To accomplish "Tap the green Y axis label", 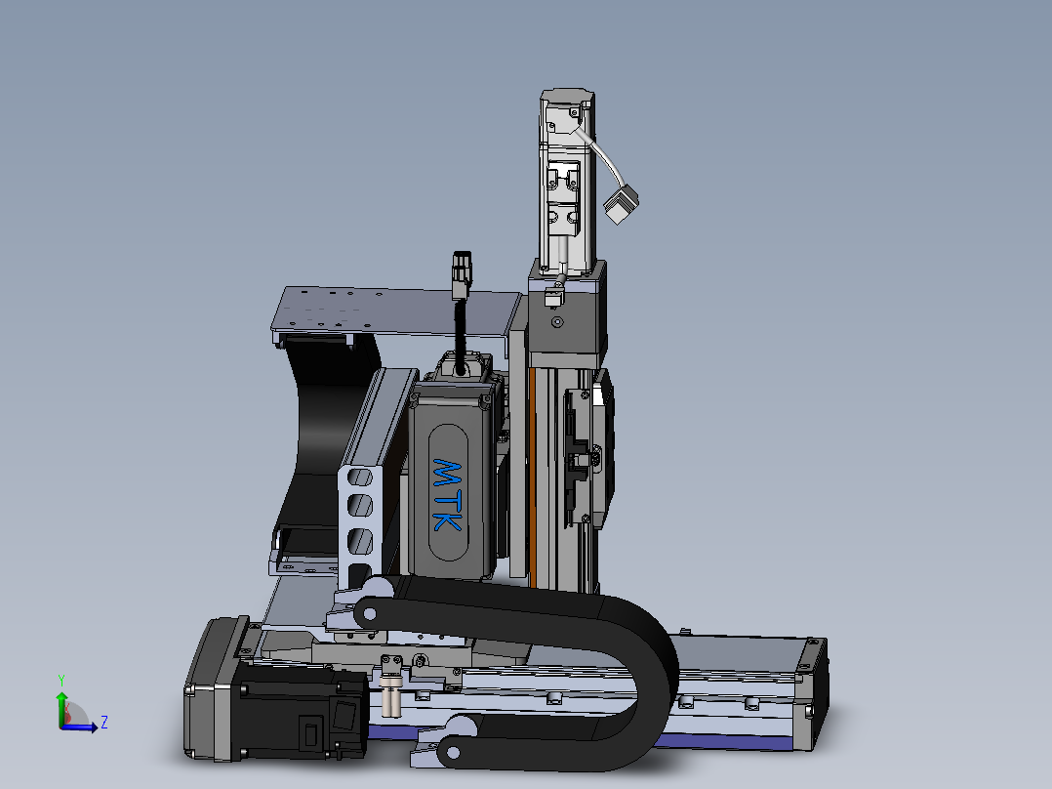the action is (61, 681).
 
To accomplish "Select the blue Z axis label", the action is (104, 723).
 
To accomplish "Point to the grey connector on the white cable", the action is (622, 204).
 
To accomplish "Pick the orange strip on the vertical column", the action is (532, 477).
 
